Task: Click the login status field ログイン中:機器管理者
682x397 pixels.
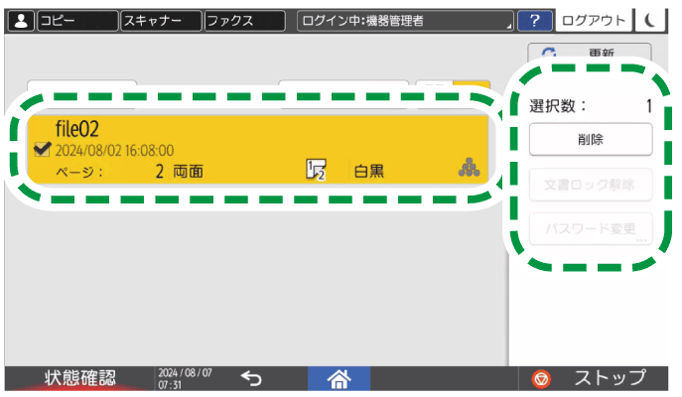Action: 406,20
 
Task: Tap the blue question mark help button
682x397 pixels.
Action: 535,20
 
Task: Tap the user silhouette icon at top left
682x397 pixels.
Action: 21,20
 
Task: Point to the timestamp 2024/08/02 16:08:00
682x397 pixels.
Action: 114,150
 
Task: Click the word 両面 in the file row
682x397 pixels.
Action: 188,171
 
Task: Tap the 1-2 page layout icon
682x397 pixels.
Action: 316,170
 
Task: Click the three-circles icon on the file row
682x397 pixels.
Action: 468,169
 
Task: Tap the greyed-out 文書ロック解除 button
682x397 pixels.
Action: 590,184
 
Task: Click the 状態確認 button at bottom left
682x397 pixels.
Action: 79,377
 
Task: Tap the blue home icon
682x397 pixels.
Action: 341,377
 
